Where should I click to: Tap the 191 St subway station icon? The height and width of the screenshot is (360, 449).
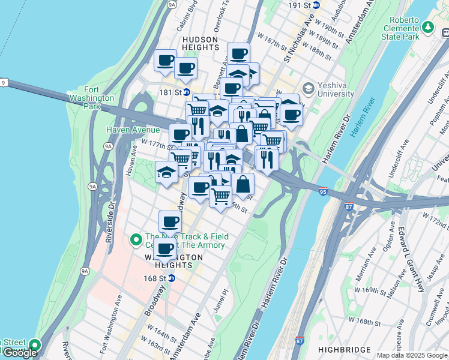click(x=318, y=5)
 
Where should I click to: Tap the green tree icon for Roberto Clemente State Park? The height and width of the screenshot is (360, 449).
click(x=427, y=27)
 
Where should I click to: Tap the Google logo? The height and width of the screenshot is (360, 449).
click(x=20, y=353)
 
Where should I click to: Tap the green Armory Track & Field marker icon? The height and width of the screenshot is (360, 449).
click(x=136, y=241)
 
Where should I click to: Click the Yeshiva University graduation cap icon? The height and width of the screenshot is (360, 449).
click(x=308, y=89)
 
